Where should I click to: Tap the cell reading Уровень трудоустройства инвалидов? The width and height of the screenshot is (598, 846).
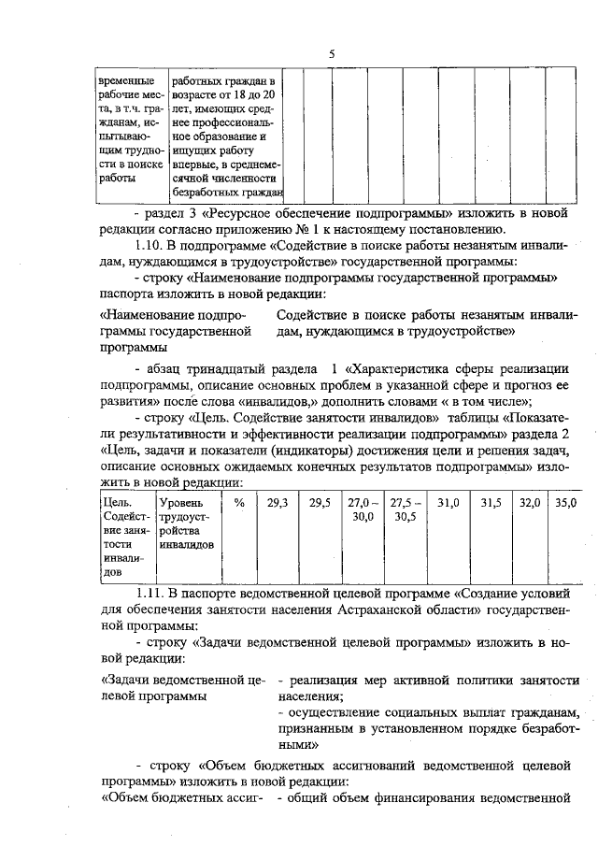[186, 523]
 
